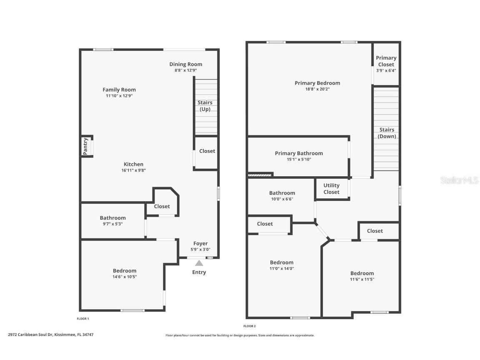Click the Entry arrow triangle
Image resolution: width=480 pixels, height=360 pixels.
click(199, 263)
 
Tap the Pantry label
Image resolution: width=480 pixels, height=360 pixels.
click(85, 146)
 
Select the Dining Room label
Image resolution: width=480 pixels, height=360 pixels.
click(186, 64)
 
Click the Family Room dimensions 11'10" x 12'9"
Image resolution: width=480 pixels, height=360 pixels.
click(119, 96)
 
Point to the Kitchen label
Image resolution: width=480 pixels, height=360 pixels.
click(133, 165)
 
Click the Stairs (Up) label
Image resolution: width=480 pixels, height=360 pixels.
click(205, 106)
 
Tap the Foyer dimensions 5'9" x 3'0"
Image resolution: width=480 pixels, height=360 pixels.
click(200, 250)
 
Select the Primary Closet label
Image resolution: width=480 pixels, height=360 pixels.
click(386, 61)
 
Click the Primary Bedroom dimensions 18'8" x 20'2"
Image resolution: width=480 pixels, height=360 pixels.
click(317, 90)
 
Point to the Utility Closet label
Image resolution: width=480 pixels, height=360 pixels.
click(332, 189)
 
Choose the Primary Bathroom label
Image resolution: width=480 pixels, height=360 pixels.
click(299, 153)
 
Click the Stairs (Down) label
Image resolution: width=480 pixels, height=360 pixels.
click(387, 133)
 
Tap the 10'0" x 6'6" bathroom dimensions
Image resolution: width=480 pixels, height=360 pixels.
click(282, 199)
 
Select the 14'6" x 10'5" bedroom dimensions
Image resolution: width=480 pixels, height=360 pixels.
click(125, 277)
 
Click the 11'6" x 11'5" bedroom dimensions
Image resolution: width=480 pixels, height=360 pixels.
click(362, 279)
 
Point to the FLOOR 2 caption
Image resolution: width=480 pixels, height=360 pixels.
click(250, 326)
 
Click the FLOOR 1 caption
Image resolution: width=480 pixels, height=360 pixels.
click(82, 319)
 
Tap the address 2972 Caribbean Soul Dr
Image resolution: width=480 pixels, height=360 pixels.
click(30, 335)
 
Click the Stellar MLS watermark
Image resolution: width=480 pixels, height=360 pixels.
click(459, 180)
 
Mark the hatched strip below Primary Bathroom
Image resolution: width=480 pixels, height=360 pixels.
click(260, 175)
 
